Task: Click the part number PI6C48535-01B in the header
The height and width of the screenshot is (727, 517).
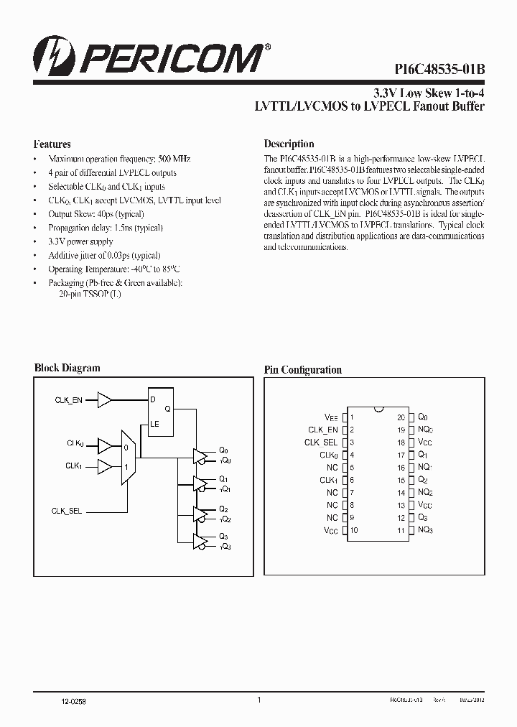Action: [x=439, y=69]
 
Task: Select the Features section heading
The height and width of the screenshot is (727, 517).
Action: [x=52, y=144]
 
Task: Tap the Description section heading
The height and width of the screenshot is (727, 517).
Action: [x=289, y=144]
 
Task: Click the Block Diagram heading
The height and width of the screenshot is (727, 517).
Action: [x=67, y=368]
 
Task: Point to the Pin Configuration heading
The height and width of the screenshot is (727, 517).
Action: [x=303, y=370]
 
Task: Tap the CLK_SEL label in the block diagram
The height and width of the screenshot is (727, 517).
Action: [x=67, y=511]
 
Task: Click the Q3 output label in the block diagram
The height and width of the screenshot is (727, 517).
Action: [x=223, y=536]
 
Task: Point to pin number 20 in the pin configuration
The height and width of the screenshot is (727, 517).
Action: [x=401, y=417]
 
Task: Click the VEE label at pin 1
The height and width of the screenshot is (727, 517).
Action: [x=331, y=417]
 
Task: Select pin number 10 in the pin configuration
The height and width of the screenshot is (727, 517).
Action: [x=353, y=530]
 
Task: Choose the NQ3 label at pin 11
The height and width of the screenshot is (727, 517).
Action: [x=425, y=530]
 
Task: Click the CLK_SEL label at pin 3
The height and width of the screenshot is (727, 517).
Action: [x=321, y=443]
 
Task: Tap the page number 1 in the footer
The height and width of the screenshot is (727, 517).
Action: [x=258, y=700]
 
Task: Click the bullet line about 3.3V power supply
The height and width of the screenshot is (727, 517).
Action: [x=80, y=242]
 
